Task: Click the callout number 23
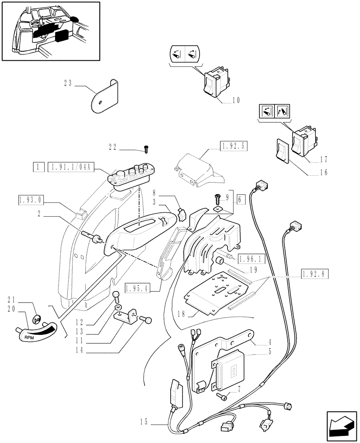coord(67,83)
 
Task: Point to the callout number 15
coord(143,421)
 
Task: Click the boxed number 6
coord(240,200)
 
